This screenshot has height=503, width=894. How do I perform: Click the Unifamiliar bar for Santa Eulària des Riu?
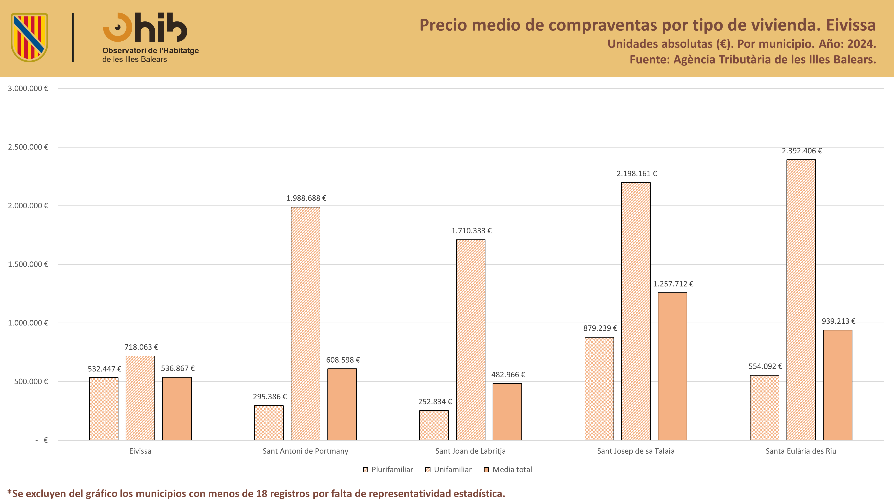[x=801, y=300]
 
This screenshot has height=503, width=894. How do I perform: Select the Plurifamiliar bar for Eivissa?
[x=103, y=409]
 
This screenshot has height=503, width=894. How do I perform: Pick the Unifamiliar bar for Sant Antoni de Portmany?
[x=305, y=323]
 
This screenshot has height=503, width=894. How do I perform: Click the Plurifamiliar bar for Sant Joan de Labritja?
[x=434, y=425]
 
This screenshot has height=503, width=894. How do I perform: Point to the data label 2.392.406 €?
[x=802, y=151]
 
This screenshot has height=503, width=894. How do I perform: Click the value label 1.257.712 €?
[x=673, y=284]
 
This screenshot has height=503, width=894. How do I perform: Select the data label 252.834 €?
[x=435, y=402]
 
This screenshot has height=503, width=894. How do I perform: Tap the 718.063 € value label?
[x=141, y=347]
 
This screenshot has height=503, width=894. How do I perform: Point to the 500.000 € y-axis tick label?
[x=31, y=382]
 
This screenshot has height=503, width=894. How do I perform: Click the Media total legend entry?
[x=508, y=470]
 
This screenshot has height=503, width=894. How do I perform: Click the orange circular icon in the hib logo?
[x=117, y=27]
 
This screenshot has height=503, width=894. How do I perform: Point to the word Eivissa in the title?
[x=851, y=25]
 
